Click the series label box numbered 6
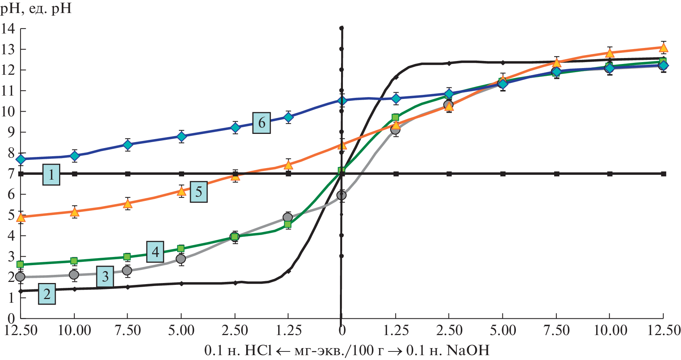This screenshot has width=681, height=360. pos(261,123)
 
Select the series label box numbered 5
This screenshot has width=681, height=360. pos(199,192)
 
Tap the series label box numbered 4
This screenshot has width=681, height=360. pos(155,252)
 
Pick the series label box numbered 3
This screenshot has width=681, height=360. pos(105,277)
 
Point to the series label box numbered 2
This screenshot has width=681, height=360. pos(47,294)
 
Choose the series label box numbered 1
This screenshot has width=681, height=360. pos(51,174)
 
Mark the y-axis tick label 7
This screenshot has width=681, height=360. pos(11,173)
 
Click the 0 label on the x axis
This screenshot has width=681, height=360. pos(341,330)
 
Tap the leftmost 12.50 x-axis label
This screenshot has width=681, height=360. pos(21,330)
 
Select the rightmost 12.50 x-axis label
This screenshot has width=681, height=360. pos(664,330)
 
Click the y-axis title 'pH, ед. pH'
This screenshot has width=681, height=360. pos(36,8)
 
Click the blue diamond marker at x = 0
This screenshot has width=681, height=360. pos(342,100)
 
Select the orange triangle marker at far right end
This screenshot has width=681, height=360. pos(664,48)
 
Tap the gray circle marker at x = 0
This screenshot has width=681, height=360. pos(341,195)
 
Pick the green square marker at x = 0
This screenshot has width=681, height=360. pos(341,171)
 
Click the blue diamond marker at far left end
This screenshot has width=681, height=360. pos(21,159)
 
